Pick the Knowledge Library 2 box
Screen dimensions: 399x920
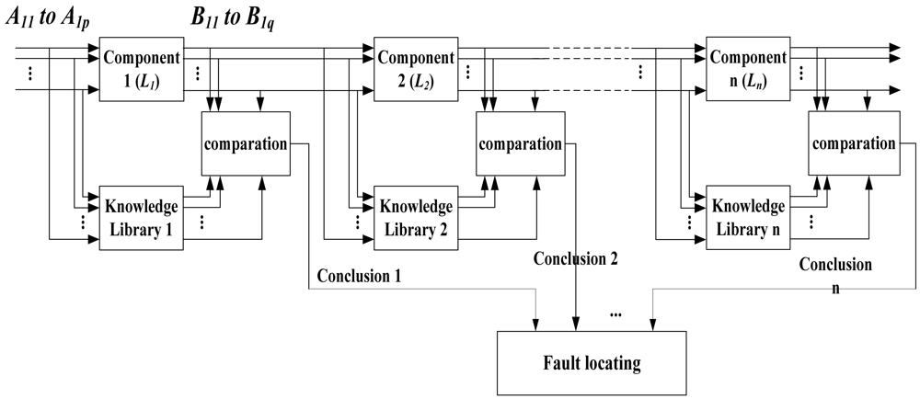415,217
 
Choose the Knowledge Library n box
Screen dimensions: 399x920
748,216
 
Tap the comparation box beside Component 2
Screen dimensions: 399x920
519,143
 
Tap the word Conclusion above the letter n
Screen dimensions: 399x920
834,265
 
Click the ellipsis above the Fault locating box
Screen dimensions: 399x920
615,315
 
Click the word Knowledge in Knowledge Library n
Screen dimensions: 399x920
748,205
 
